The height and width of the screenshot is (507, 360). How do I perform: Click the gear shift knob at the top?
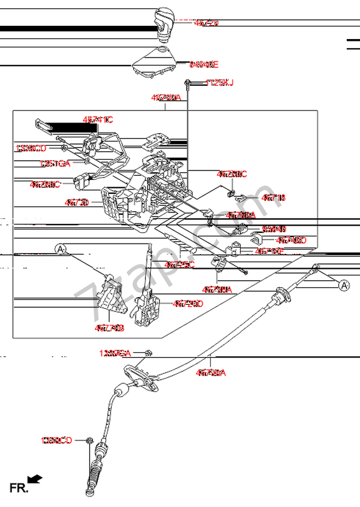point(164,22)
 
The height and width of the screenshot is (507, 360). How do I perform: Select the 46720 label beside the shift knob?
point(206,23)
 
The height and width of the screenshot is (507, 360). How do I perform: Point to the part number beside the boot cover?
point(204,64)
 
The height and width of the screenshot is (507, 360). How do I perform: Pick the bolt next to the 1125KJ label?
point(188,82)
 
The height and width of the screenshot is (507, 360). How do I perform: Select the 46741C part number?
point(97,120)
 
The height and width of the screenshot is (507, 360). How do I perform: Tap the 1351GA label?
point(55,163)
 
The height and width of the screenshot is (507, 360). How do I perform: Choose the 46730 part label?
point(77,203)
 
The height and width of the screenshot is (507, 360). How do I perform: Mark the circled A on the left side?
point(60,248)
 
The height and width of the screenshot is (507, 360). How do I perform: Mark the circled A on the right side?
point(344,286)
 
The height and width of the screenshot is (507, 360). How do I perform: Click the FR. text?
point(18,488)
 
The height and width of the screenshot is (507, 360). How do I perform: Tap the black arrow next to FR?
point(35,479)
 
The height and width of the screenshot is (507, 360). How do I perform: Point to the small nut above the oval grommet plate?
point(149,353)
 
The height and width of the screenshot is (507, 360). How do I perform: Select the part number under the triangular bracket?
point(109,328)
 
